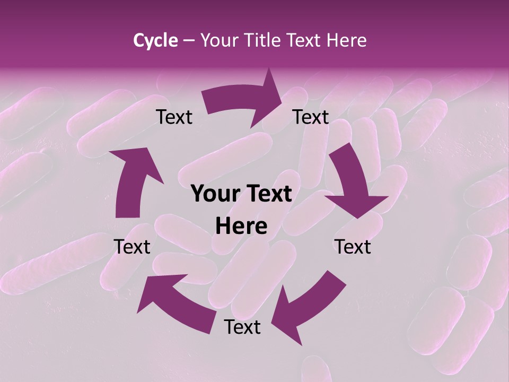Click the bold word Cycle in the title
click(155, 40)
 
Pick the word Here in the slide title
click(347, 40)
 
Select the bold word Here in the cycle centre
click(241, 227)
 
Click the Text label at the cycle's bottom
click(242, 327)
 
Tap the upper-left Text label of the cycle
click(174, 117)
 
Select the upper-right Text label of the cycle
click(311, 117)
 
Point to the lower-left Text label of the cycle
click(133, 247)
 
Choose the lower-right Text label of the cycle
click(353, 247)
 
